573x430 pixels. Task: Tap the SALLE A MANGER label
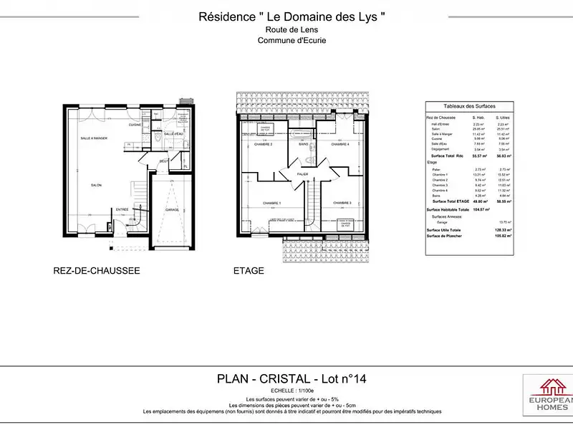point(93,138)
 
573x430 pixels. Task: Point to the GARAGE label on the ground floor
point(172,210)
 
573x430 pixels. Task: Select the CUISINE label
point(135,125)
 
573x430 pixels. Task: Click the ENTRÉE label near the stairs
point(122,210)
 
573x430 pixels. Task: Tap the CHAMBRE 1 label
point(271,202)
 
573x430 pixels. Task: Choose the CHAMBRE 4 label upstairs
point(340,145)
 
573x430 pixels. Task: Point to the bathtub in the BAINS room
point(302,135)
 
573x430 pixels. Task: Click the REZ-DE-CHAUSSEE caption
point(96,271)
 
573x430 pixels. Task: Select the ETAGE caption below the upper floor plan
point(249,271)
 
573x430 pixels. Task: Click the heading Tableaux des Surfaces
point(469,105)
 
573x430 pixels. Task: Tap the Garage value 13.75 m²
point(506,222)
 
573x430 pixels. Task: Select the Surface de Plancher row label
point(443,235)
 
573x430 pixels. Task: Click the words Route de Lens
point(292,30)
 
